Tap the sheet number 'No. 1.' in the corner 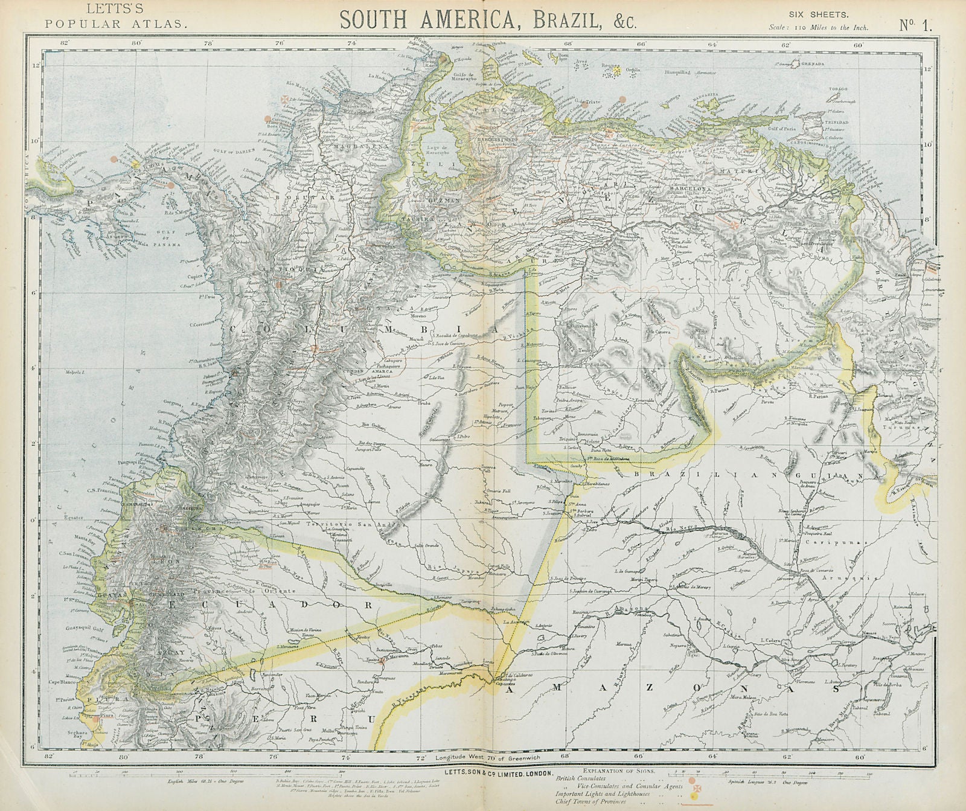click(x=916, y=24)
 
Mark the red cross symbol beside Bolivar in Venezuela click(x=734, y=225)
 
